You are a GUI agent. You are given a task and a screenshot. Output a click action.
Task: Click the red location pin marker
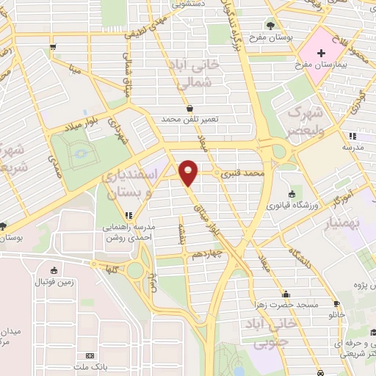(x=189, y=172)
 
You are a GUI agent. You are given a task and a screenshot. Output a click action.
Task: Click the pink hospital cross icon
(x=321, y=52)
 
